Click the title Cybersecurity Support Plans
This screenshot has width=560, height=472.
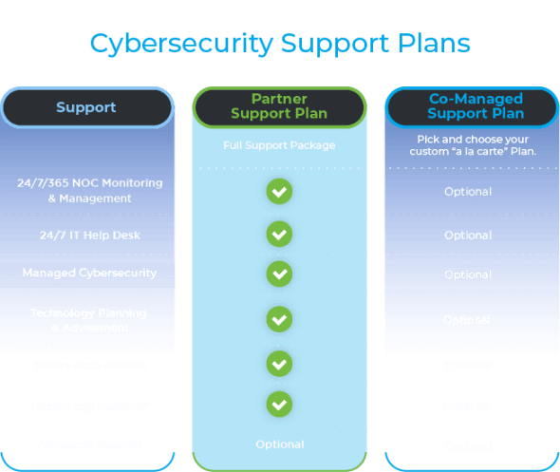pyautogui.click(x=279, y=44)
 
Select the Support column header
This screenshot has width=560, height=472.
pyautogui.click(x=86, y=107)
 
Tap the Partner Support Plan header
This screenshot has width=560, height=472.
pyautogui.click(x=278, y=106)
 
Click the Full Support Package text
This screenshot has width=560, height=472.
pyautogui.click(x=278, y=145)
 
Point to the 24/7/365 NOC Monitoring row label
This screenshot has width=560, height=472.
pyautogui.click(x=89, y=190)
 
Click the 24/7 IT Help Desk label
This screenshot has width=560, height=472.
pyautogui.click(x=89, y=235)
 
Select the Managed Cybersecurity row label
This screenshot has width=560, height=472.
pyautogui.click(x=89, y=274)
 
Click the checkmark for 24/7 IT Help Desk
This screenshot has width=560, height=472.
pyautogui.click(x=278, y=234)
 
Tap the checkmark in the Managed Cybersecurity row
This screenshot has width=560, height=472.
pyautogui.click(x=278, y=274)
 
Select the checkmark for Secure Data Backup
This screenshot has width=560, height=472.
pyautogui.click(x=278, y=364)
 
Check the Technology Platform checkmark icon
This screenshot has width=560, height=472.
pyautogui.click(x=278, y=405)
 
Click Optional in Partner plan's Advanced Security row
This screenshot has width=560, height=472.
pyautogui.click(x=279, y=444)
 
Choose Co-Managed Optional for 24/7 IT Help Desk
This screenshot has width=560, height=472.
pyautogui.click(x=468, y=235)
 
